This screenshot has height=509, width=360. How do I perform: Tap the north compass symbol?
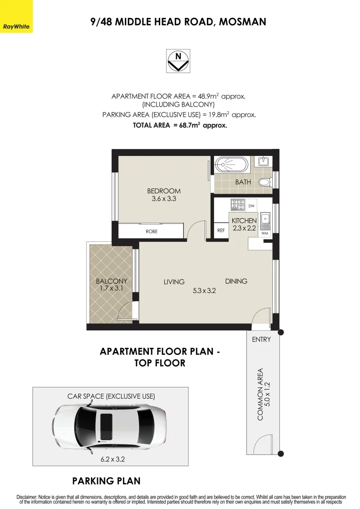[178, 61]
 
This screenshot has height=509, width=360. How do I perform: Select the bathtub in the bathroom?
[231, 165]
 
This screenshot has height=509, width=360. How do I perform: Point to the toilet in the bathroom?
[266, 182]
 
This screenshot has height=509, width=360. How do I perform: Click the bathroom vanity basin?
[263, 162]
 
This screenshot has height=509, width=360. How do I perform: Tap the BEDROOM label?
[164, 191]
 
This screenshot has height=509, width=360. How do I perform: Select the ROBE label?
[151, 231]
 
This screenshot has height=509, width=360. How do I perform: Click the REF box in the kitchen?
[221, 231]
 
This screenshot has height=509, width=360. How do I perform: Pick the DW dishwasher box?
[252, 205]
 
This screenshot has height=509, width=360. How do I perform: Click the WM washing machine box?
[264, 233]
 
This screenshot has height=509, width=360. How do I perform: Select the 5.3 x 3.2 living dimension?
[204, 291]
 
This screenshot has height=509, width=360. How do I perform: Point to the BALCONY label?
[111, 281]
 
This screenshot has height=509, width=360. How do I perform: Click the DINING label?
[236, 281]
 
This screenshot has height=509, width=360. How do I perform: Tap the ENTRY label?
[262, 339]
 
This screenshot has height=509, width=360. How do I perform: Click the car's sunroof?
[106, 421]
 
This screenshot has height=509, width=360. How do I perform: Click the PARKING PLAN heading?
[106, 481]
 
